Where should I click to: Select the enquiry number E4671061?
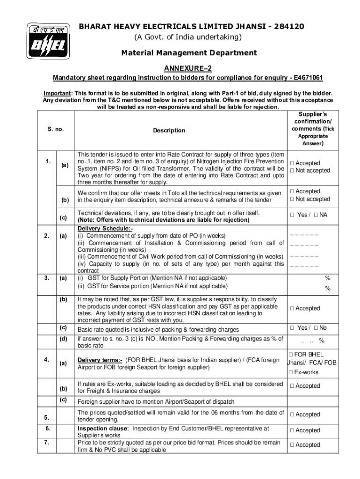coord(306,77)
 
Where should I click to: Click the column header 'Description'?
coord(169,131)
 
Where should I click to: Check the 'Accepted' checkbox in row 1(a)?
coord(292,163)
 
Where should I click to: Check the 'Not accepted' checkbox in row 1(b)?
coord(292,199)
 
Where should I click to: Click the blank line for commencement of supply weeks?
coord(304,235)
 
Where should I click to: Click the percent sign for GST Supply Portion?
coord(328,278)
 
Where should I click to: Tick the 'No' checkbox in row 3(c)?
coord(316,328)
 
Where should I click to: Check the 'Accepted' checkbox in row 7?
coord(292,445)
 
